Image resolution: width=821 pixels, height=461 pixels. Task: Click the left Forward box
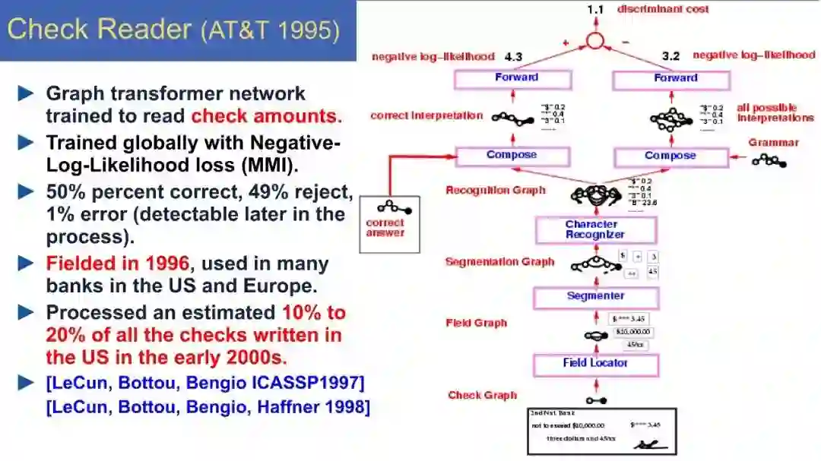coord(512,79)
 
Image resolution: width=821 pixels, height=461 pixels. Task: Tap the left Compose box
coord(512,156)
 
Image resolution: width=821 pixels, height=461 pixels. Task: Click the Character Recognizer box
coord(595,229)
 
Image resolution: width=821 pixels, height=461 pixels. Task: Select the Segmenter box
coord(595,297)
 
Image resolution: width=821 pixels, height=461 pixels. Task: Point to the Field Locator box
coord(595,364)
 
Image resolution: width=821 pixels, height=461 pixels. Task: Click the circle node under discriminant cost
coord(594,41)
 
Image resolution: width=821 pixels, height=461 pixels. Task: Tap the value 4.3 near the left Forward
coord(513,56)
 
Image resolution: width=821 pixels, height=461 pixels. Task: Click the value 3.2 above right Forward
coord(671,56)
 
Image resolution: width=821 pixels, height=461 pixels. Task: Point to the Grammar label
coord(773,143)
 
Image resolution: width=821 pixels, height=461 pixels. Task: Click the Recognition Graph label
coord(495,190)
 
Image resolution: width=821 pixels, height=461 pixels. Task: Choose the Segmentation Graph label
coord(499,262)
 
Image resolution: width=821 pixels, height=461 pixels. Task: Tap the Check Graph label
coord(482,395)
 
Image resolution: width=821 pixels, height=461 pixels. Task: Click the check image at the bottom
coord(602,431)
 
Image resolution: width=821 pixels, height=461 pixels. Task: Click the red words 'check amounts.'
coord(266,116)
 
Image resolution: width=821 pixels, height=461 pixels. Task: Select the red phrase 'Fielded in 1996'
coord(117,264)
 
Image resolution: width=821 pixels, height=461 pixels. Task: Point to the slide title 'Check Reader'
coord(99,30)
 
